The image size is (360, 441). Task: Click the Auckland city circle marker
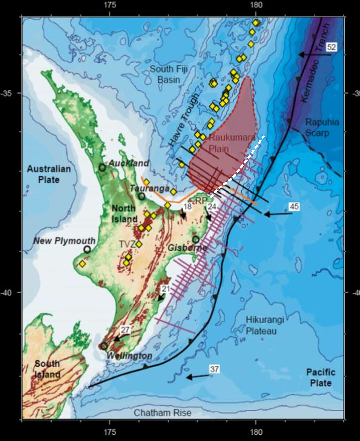click(102, 168)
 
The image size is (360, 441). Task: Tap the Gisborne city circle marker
click(196, 239)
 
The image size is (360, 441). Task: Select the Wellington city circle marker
click(104, 346)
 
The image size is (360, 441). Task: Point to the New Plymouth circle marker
click(87, 250)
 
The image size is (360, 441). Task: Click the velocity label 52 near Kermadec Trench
click(331, 47)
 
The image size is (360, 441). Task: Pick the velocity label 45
click(294, 207)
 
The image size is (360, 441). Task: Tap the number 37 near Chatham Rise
click(214, 369)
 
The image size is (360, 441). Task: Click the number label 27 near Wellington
click(125, 330)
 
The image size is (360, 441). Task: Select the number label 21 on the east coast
click(166, 289)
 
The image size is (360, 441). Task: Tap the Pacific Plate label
click(321, 377)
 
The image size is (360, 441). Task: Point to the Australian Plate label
click(49, 174)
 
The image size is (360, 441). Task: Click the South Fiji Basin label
click(169, 74)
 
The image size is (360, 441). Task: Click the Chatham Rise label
click(162, 413)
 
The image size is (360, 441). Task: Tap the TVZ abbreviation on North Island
click(127, 244)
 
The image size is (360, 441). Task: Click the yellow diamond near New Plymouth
click(82, 264)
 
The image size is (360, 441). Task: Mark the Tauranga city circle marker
click(142, 196)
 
